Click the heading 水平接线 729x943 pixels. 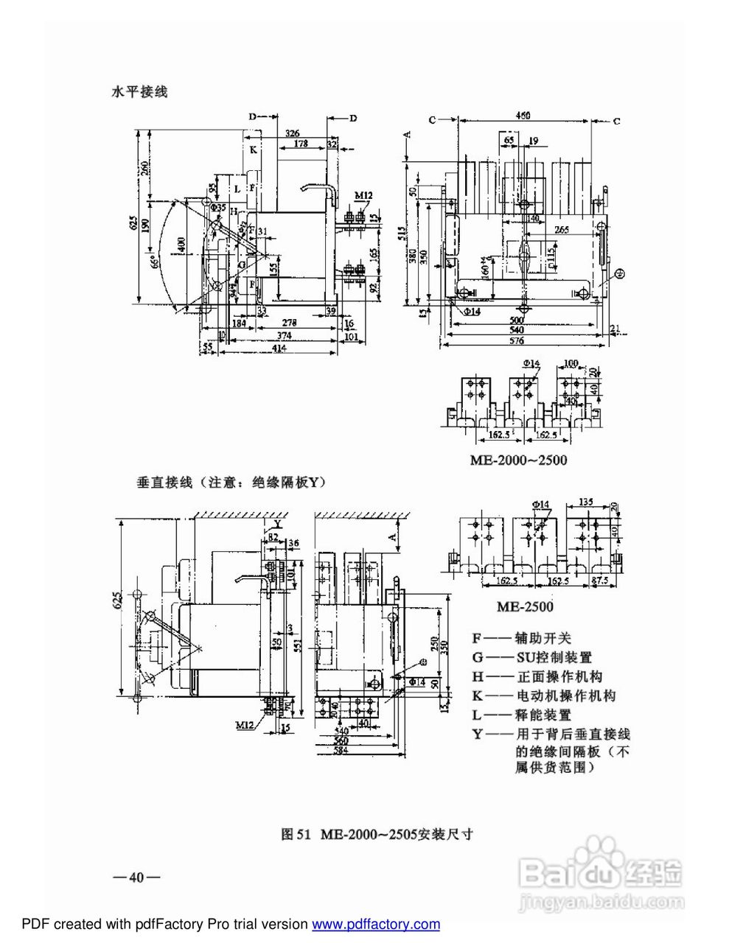point(139,92)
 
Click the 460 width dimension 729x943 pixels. point(523,116)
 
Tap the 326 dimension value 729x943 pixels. point(292,133)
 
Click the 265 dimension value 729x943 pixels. point(561,230)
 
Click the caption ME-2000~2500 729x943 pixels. point(518,460)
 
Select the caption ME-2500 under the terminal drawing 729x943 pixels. point(524,607)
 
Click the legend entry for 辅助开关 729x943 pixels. point(522,638)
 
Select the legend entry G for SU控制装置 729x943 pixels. point(532,657)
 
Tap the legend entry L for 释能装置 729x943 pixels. point(522,715)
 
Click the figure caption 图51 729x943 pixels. point(377,834)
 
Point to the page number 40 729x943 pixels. point(136,877)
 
